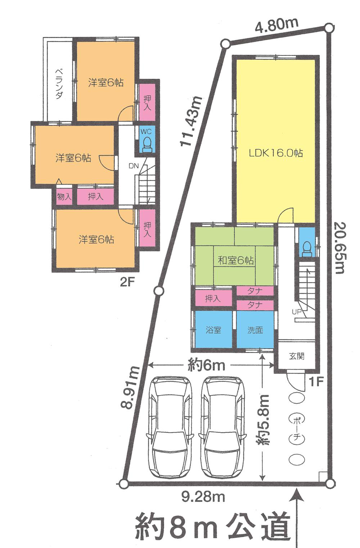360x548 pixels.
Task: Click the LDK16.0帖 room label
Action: (276, 153)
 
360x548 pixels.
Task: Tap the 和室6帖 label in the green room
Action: (235, 260)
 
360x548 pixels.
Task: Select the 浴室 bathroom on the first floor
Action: (213, 330)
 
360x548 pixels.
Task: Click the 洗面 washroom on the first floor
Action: (255, 330)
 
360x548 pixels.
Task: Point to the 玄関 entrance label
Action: (297, 356)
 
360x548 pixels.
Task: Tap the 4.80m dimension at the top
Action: (276, 25)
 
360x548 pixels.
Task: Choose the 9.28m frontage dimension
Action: (203, 497)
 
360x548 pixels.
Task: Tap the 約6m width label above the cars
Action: (206, 365)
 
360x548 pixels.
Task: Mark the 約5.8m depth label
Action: (265, 419)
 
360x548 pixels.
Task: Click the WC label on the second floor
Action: (146, 132)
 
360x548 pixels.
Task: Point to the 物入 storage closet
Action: (64, 197)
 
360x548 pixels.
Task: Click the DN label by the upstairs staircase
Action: (134, 166)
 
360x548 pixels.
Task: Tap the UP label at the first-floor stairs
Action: (297, 312)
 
